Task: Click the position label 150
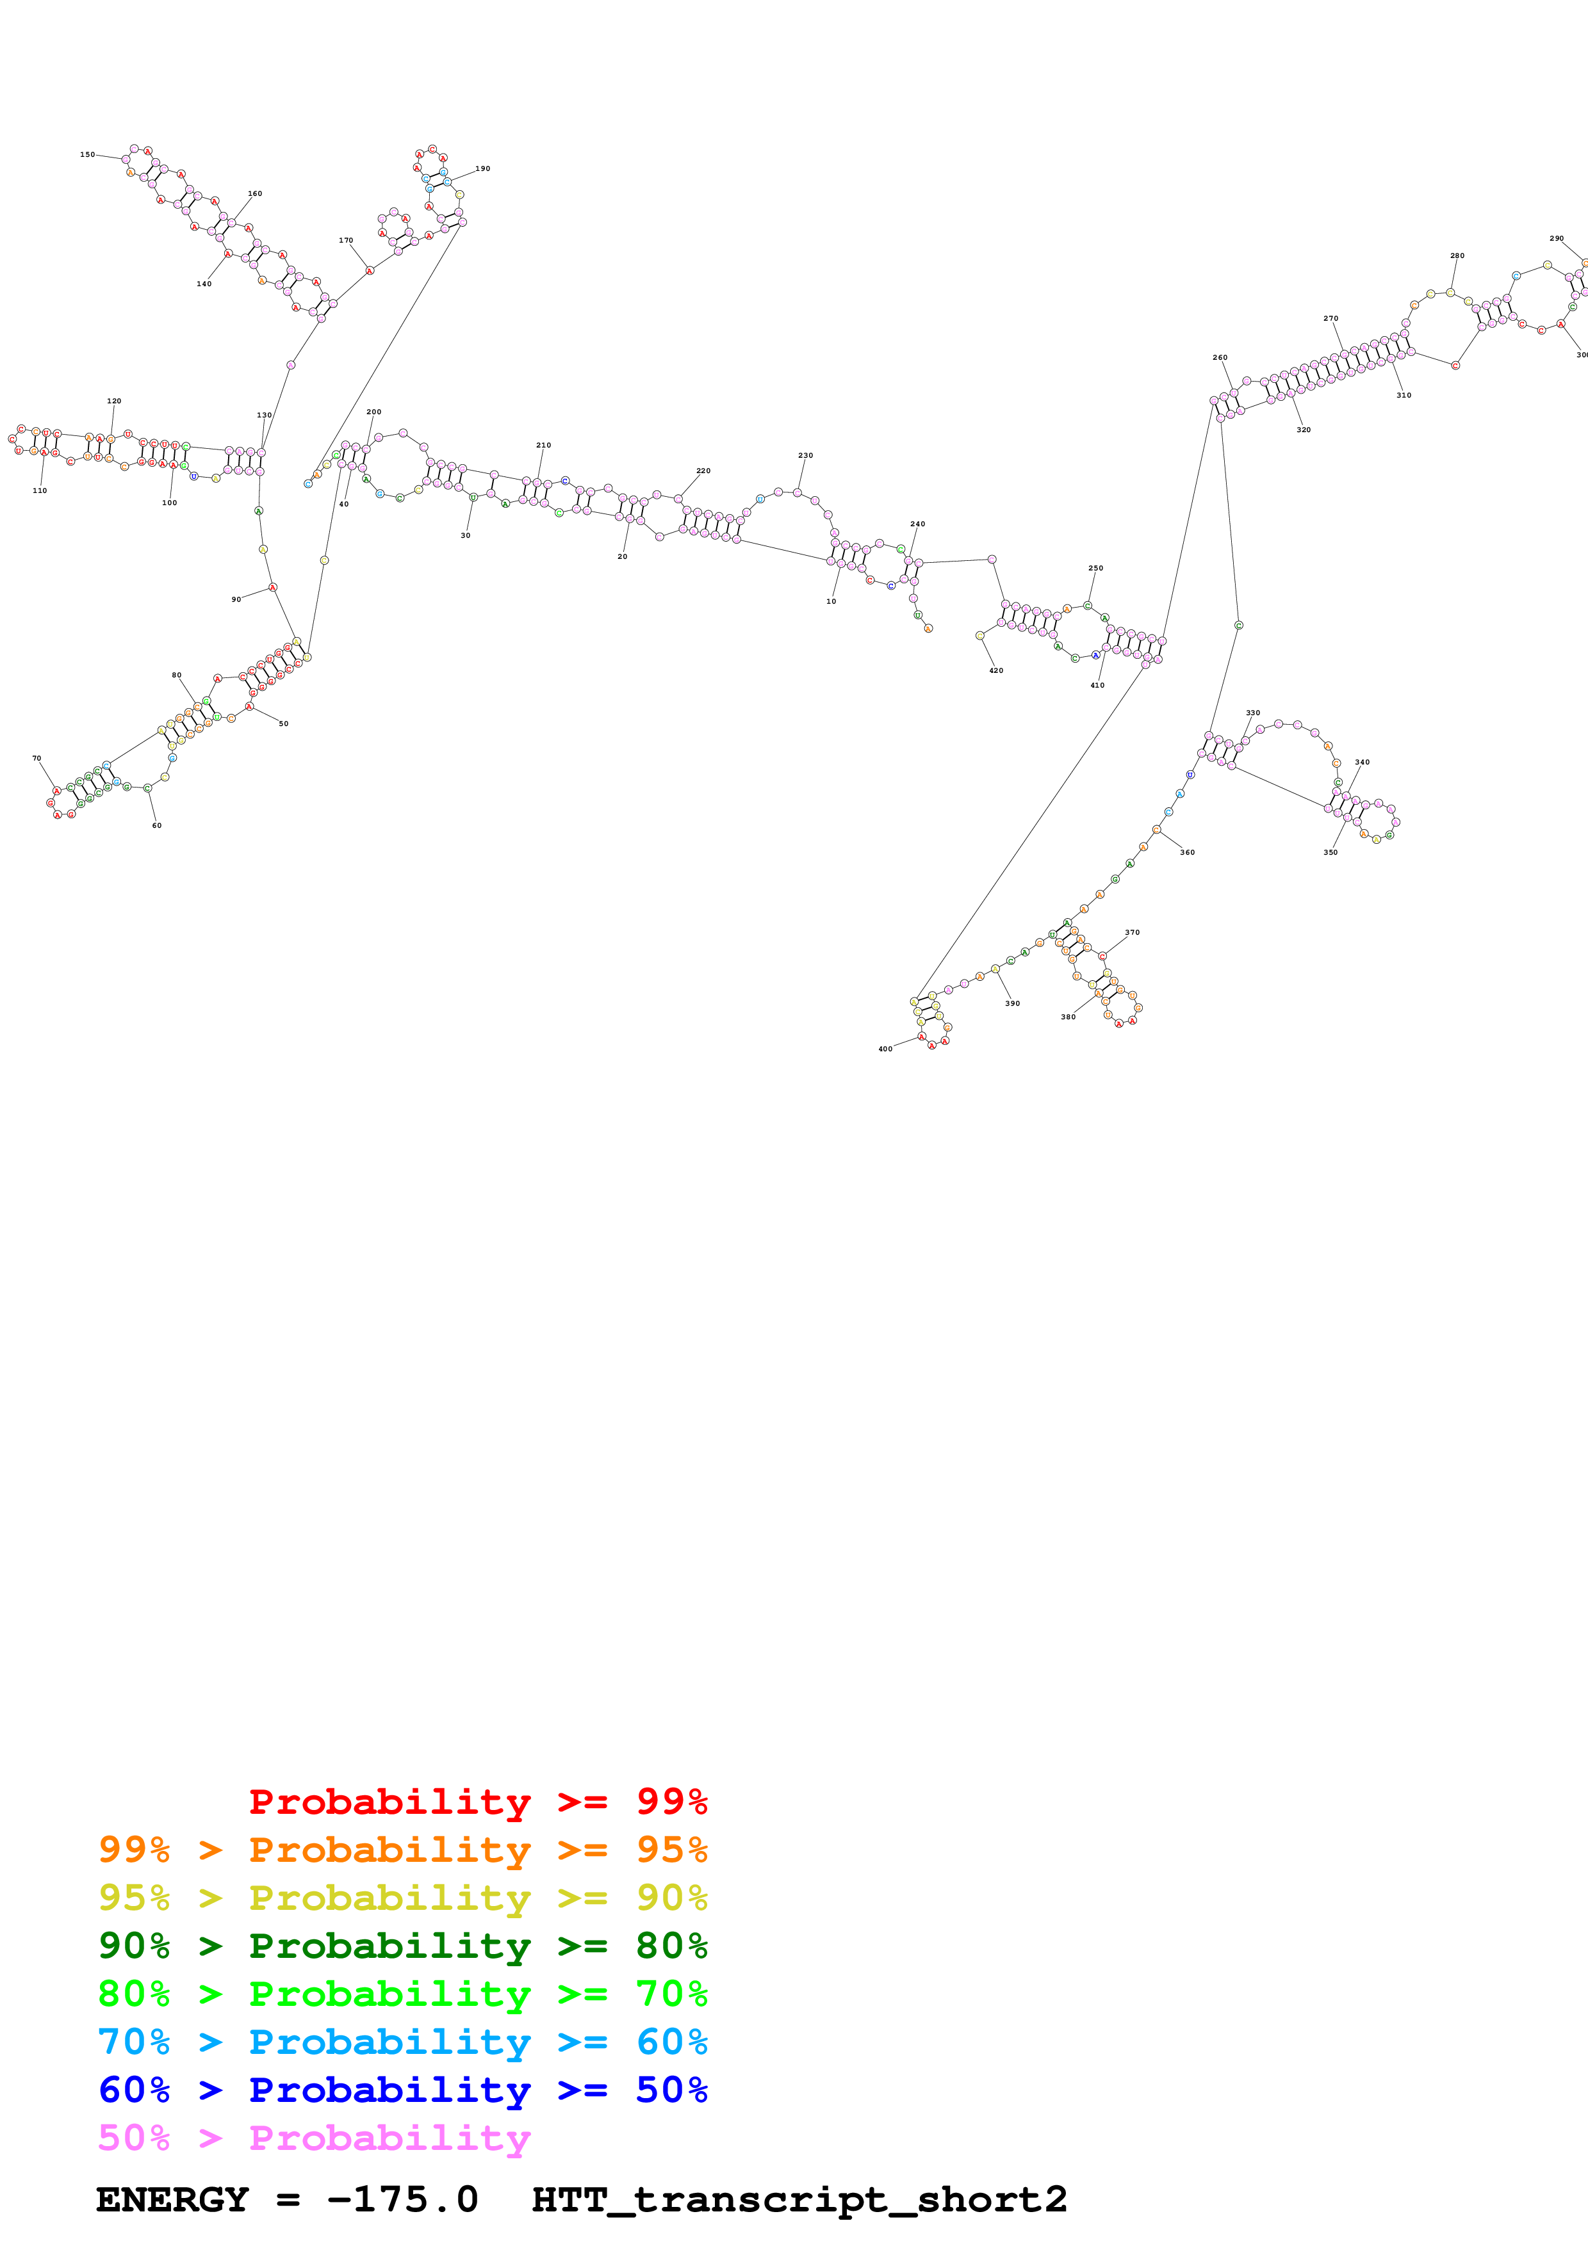coord(87,154)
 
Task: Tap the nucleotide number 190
coord(482,169)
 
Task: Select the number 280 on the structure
coord(1457,256)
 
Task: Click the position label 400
coord(885,1049)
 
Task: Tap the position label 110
coord(39,491)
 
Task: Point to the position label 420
coord(996,671)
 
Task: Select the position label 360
coord(1187,853)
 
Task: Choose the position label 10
coord(831,602)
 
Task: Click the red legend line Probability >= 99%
coord(477,1802)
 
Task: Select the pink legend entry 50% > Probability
coord(314,2138)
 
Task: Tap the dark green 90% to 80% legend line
coord(402,1946)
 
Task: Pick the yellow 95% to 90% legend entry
coord(402,1898)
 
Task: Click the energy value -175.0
coord(402,2200)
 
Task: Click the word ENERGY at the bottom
coord(172,2200)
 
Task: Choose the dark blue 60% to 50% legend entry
coord(402,2090)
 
